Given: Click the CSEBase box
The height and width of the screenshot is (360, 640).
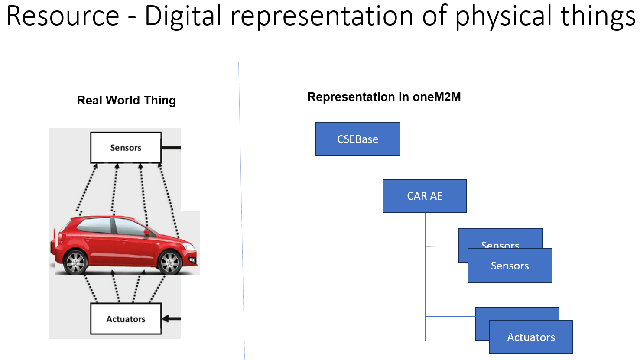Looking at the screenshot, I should tap(357, 139).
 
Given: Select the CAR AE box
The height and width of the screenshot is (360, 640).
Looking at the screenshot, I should tap(425, 196).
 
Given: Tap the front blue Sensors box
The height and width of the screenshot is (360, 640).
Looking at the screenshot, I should tap(510, 266).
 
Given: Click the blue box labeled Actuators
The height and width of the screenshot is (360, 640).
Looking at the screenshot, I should tap(531, 337).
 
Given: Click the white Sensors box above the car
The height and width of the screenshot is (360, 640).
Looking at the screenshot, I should tap(126, 148).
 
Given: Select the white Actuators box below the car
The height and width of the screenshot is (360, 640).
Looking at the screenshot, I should tap(126, 319).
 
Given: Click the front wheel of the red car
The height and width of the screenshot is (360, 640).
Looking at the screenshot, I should tap(169, 262).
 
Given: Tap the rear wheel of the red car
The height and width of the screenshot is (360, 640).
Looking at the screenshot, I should tap(76, 261).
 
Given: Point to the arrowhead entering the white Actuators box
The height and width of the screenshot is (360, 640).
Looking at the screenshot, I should tap(166, 319).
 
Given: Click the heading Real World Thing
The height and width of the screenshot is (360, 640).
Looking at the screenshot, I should tap(126, 100).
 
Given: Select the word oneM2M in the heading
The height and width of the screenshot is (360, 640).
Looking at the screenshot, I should tap(436, 97).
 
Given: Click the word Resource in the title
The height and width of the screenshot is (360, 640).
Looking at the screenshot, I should tap(63, 16).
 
